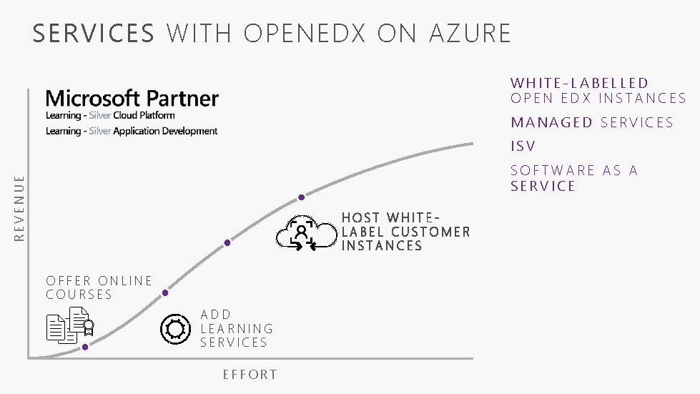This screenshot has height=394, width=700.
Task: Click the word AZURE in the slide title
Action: point(470,33)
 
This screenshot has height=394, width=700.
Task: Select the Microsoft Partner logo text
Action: point(132,98)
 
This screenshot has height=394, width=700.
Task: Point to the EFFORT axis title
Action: point(250,375)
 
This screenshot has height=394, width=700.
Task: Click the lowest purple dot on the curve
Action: point(85,347)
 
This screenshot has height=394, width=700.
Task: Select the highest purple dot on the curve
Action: point(302,197)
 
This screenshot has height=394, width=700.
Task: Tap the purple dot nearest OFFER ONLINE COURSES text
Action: point(165,292)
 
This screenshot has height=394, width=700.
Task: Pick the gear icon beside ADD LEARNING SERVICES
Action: point(175,328)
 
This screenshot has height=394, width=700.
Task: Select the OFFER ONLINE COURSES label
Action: point(99,287)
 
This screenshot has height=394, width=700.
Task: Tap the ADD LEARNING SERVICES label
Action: point(237,328)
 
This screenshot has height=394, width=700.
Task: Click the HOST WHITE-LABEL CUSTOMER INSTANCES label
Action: point(405,232)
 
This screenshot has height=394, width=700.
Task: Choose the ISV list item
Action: point(523,147)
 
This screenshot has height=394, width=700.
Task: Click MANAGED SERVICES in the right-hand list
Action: point(592,122)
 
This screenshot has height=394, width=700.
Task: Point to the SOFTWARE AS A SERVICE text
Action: point(573,178)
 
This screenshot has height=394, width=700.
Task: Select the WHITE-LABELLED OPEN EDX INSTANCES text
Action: point(598,91)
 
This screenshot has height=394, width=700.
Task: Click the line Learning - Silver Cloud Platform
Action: point(110,115)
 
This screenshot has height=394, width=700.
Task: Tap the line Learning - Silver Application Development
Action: point(132,131)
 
